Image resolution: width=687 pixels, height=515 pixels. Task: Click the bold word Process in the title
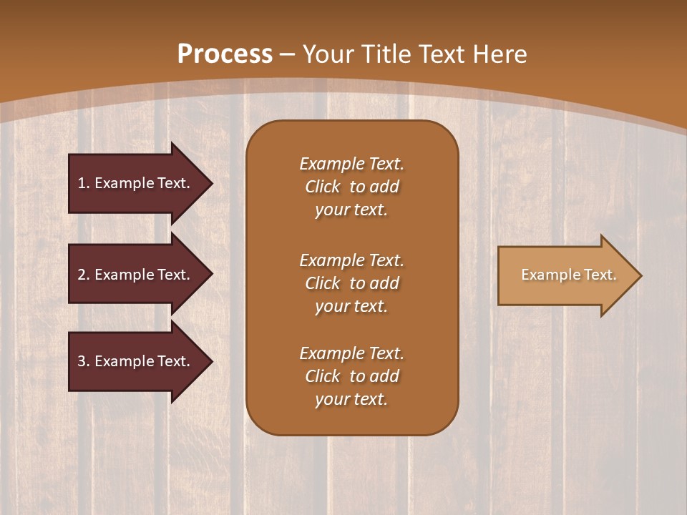(x=225, y=54)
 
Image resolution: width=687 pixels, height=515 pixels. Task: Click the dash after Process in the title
(x=288, y=54)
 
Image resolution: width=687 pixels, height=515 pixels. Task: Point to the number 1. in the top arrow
(x=84, y=183)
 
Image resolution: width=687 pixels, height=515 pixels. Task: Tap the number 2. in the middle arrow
(x=84, y=275)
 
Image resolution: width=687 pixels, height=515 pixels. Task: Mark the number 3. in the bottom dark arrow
(x=84, y=361)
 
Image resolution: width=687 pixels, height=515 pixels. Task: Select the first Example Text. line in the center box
(x=351, y=164)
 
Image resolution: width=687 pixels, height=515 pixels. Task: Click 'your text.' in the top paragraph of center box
(x=351, y=210)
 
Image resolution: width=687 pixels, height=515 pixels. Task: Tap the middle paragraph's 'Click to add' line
(x=351, y=283)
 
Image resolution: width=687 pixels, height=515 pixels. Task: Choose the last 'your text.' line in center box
(x=351, y=399)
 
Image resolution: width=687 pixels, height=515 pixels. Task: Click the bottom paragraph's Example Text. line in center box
(x=351, y=353)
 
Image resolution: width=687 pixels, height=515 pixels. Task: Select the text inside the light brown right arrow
(x=568, y=275)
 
